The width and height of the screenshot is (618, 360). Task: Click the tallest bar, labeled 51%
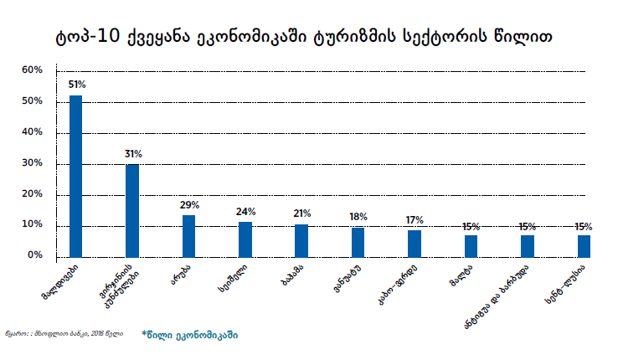pyautogui.click(x=75, y=176)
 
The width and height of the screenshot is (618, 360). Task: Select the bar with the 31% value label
pyautogui.click(x=132, y=210)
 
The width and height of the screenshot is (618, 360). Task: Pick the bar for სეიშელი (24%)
pyautogui.click(x=245, y=239)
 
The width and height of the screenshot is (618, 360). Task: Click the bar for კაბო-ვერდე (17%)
pyautogui.click(x=415, y=243)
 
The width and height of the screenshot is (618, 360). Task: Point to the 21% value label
pyautogui.click(x=302, y=213)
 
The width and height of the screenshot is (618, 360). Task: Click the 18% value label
pyautogui.click(x=358, y=217)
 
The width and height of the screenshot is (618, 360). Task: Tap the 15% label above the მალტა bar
pyautogui.click(x=471, y=227)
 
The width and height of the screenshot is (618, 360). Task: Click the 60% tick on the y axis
pyautogui.click(x=33, y=70)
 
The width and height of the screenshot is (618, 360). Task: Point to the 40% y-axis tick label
pyautogui.click(x=33, y=132)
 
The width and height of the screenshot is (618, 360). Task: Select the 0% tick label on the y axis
pyautogui.click(x=36, y=255)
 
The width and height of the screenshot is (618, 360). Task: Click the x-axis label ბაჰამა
pyautogui.click(x=290, y=277)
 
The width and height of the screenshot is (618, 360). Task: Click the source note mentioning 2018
pyautogui.click(x=64, y=334)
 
